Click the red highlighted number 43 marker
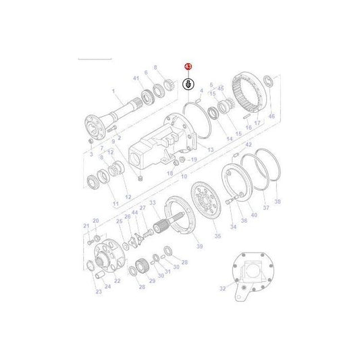[188, 67]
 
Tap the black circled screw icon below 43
[189, 84]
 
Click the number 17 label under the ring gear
[257, 122]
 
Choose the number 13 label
[211, 150]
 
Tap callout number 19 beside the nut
[194, 159]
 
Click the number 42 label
[248, 145]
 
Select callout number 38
[278, 201]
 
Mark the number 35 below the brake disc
[217, 236]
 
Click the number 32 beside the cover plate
[223, 288]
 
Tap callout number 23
[98, 291]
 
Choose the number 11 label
[115, 203]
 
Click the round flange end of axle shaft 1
[94, 126]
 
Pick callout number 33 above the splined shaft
[153, 203]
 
